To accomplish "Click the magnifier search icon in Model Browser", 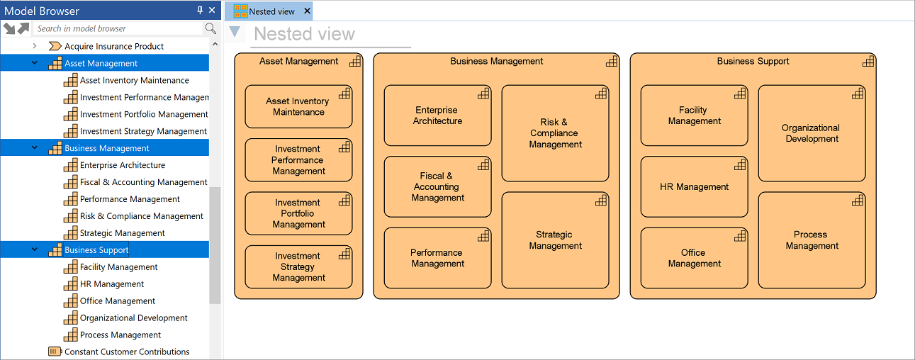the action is pos(210,28).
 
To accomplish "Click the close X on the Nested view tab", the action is pos(307,11).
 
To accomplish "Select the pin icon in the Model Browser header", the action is pos(200,10).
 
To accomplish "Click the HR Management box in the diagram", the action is pos(694,187).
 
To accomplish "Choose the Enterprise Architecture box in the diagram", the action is pos(437,116).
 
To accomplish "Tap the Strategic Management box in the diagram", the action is pos(555,240).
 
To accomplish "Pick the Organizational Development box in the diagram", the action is pos(812,133).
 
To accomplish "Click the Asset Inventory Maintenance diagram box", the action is pos(298,106).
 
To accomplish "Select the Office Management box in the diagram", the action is pos(694,258).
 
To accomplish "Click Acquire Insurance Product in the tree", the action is pos(114,46).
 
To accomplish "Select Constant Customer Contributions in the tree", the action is pos(127,351).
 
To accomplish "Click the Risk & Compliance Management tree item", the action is pos(141,216).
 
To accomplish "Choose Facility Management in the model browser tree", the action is pos(118,267).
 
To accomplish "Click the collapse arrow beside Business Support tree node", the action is pos(35,249).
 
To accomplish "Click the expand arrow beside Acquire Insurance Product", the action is pos(35,46).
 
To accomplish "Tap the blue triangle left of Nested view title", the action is pos(235,31).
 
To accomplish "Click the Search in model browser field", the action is pos(118,28).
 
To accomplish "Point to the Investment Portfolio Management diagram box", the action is pos(298,213).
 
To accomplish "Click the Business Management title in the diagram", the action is pos(496,61).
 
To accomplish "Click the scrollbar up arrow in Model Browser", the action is pos(215,44).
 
